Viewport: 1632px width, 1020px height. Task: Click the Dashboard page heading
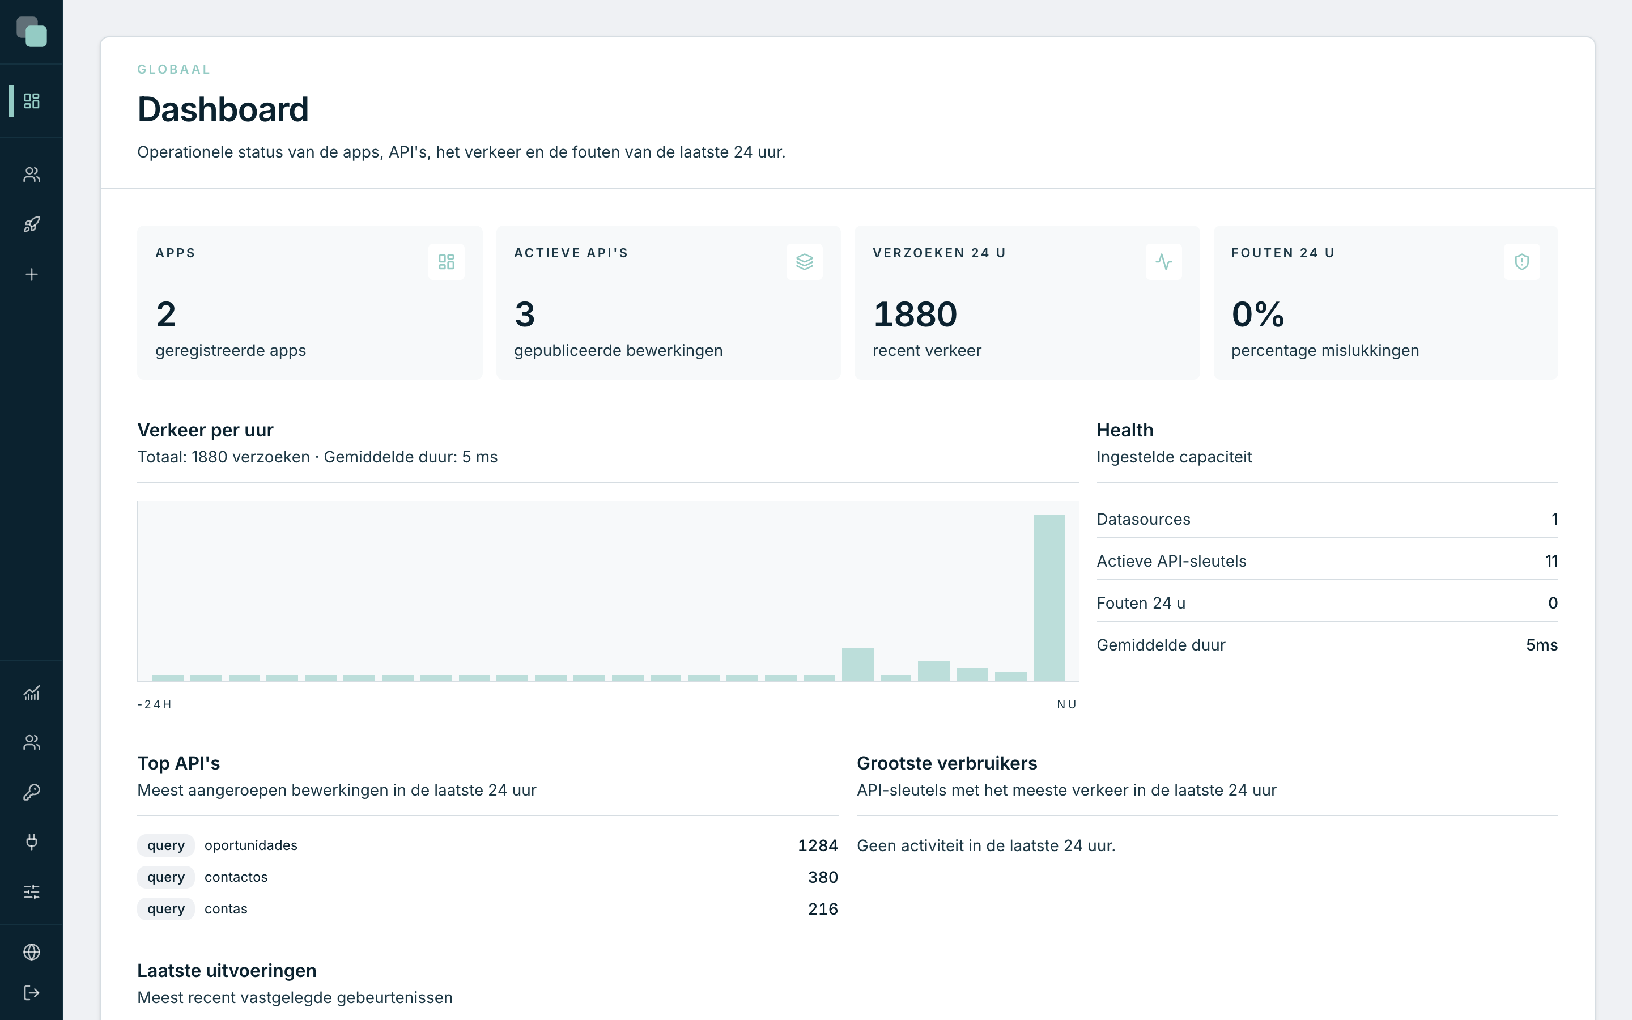223,109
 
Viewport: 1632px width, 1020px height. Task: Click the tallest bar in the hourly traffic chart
1049,598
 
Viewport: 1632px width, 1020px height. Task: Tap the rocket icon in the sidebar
32,224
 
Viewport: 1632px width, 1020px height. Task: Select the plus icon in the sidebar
32,275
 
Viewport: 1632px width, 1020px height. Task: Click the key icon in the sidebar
32,792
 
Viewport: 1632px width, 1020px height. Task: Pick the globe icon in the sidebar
32,952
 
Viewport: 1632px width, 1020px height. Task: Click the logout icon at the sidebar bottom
32,993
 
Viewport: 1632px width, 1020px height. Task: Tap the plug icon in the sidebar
32,842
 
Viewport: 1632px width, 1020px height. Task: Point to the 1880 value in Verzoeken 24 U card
915,314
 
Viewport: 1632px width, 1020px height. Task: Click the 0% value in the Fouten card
1258,314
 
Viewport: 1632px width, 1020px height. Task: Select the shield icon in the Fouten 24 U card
1521,262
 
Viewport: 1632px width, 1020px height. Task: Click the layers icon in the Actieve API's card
804,262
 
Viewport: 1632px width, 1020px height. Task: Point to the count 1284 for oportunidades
817,846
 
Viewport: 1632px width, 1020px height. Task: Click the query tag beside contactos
166,877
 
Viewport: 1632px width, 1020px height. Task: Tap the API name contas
226,909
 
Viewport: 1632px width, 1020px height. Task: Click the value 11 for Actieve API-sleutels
1551,561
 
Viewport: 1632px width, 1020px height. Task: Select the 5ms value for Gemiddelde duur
1542,645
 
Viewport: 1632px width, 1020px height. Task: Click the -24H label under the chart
155,704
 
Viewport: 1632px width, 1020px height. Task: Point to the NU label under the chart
1067,704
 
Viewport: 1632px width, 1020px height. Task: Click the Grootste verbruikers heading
947,763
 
